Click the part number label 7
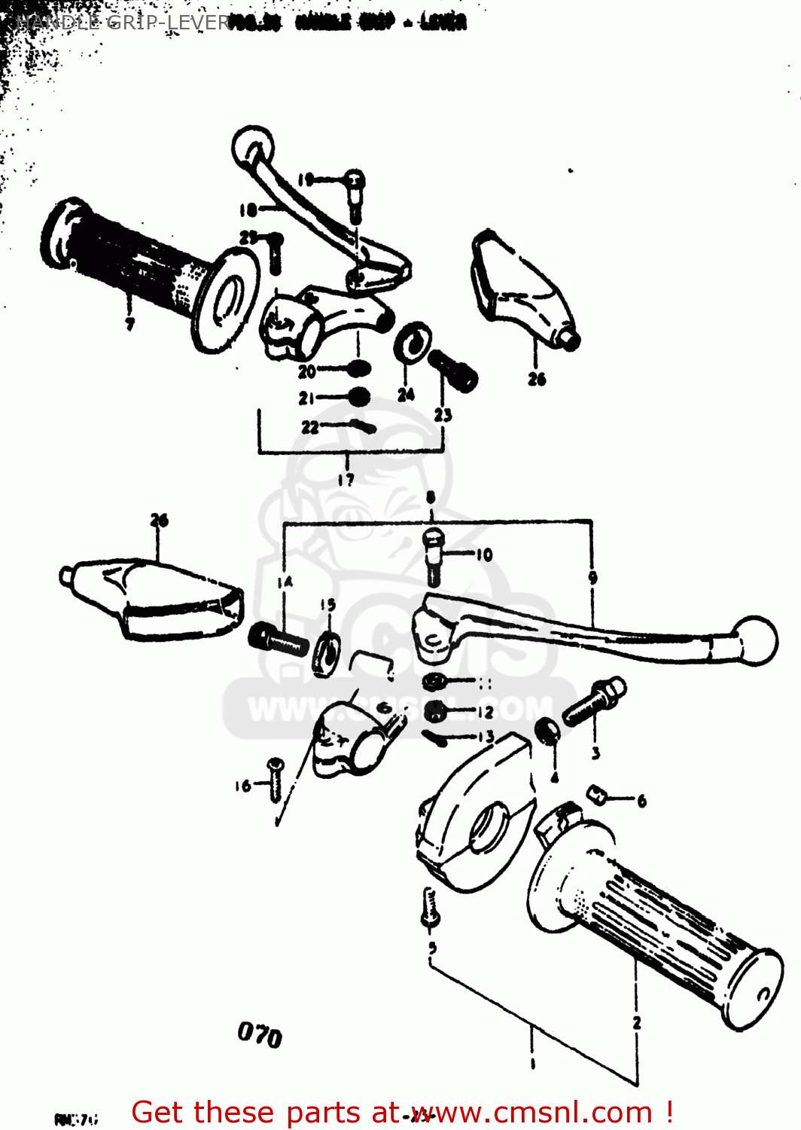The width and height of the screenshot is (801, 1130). click(x=129, y=324)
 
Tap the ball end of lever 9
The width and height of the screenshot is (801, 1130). click(x=755, y=640)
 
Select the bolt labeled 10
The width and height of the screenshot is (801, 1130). click(x=434, y=556)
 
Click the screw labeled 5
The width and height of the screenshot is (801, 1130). click(x=430, y=907)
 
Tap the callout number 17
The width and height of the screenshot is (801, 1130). click(x=346, y=479)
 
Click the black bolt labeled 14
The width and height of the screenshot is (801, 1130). click(x=278, y=640)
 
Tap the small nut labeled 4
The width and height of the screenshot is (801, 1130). click(x=547, y=731)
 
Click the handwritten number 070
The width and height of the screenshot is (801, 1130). click(x=260, y=1034)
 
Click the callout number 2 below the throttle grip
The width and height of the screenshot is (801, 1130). click(x=637, y=1022)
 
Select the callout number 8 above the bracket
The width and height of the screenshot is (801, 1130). click(x=431, y=497)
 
